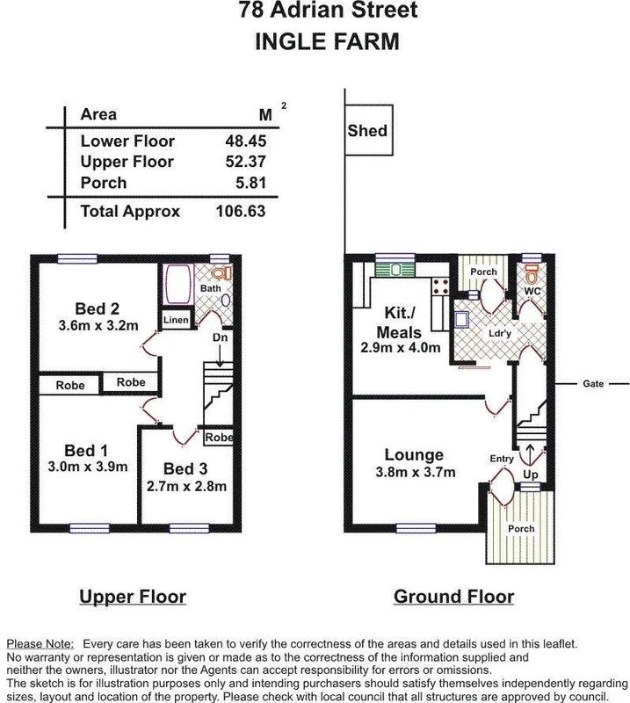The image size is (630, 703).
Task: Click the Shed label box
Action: click(x=366, y=132)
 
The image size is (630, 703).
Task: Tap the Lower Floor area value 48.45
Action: click(x=245, y=141)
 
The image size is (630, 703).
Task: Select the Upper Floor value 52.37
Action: click(x=245, y=163)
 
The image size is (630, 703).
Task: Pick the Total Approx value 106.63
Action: click(x=240, y=212)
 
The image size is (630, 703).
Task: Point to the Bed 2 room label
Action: click(x=97, y=308)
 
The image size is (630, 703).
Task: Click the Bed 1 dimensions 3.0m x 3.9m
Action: click(x=88, y=467)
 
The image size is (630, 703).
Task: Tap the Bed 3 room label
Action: click(x=185, y=468)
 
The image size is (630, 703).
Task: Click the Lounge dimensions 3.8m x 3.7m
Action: click(x=413, y=472)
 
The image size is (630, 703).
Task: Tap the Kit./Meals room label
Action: click(x=400, y=323)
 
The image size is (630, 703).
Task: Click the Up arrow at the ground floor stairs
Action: click(x=529, y=455)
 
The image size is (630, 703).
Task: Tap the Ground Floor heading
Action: click(x=453, y=598)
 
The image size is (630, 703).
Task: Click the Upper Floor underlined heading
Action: click(x=133, y=598)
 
